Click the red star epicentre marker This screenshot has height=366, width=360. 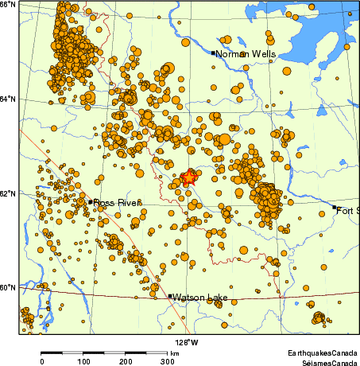coord(188,178)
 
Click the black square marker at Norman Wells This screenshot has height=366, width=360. coord(214,53)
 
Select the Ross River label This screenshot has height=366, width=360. coord(116,203)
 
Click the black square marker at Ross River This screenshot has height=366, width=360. coord(91,201)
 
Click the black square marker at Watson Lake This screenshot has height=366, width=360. coord(170,296)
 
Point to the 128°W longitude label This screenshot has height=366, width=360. coord(188,342)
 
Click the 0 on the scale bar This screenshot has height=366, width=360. coord(42,361)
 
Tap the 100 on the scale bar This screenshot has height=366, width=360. coord(83,361)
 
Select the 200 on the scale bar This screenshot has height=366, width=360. coord(126,361)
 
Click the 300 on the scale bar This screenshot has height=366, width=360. coord(167,361)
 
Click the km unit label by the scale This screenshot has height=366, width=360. coord(174,352)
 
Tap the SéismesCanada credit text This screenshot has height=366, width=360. coord(324,360)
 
